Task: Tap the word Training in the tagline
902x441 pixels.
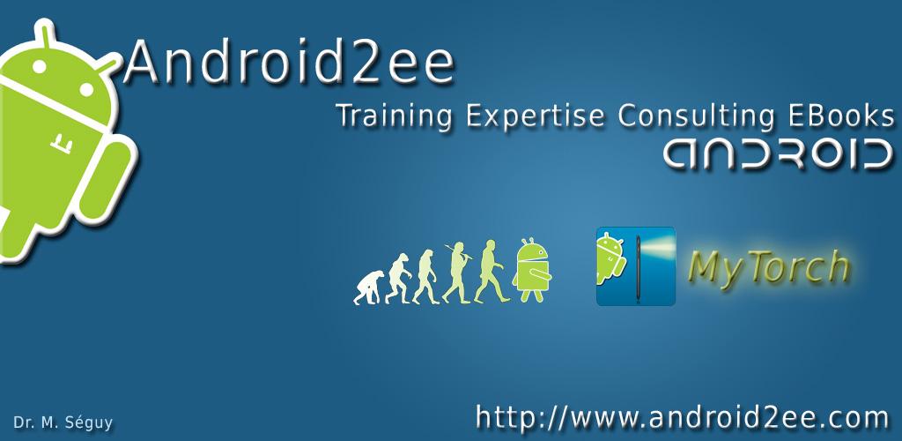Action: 394,117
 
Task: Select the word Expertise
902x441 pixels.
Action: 535,117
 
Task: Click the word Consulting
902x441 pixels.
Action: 696,117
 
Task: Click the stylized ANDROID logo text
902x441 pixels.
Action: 777,154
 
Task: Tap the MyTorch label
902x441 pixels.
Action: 768,267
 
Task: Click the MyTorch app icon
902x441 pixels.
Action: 636,266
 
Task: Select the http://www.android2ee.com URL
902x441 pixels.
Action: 683,417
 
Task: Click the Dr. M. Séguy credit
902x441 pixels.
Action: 63,423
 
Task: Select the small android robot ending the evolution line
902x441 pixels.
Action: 532,270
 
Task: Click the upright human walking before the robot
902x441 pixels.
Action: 490,271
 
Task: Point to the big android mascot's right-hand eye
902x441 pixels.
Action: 85,90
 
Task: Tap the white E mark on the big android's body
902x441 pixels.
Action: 62,144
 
